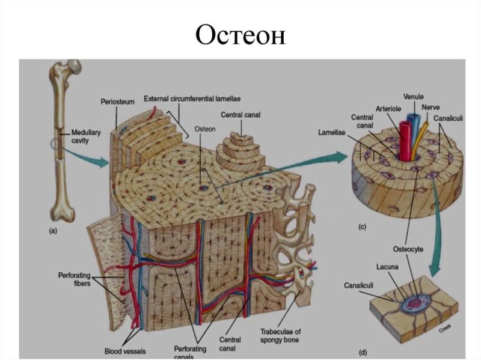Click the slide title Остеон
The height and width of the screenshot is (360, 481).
point(240,35)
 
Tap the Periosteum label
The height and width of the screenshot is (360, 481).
point(117,103)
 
